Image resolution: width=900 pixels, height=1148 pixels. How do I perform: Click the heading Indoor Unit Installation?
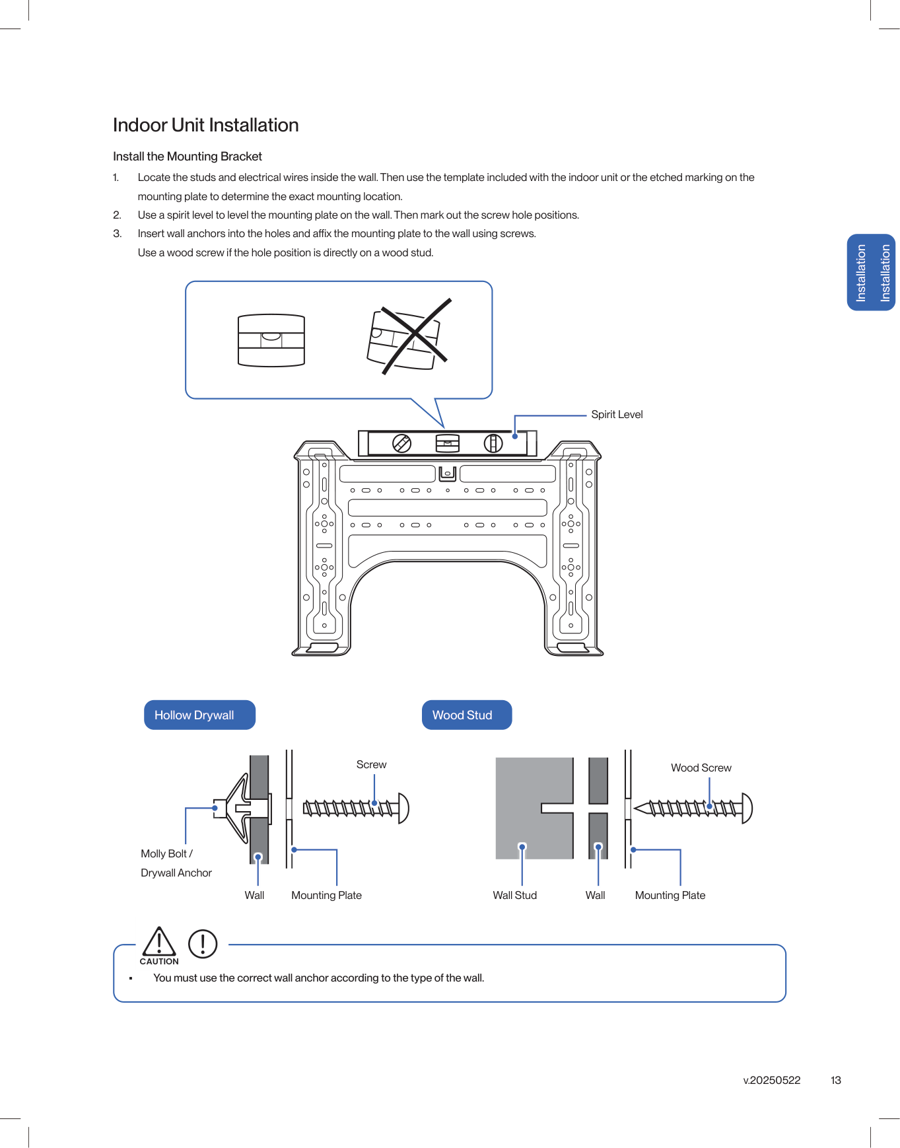point(205,125)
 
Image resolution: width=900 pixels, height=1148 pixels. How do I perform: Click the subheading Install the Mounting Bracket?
point(187,157)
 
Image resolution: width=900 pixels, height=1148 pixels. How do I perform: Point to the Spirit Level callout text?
point(616,414)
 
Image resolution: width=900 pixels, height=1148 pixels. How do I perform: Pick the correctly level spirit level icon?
point(271,340)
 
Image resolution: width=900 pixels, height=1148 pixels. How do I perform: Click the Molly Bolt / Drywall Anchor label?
point(176,863)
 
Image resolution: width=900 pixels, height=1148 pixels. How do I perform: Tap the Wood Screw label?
point(701,768)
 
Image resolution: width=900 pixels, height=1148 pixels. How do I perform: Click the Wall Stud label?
point(514,895)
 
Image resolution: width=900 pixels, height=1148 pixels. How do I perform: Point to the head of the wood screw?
point(747,808)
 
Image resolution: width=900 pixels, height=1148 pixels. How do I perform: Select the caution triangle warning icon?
point(159,943)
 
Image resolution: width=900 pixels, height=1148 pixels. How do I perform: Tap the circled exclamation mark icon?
point(203,944)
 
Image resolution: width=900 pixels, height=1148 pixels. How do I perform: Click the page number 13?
point(835,1080)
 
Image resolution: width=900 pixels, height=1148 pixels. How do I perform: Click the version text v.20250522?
point(771,1080)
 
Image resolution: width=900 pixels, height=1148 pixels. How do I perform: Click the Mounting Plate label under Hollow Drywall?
point(326,895)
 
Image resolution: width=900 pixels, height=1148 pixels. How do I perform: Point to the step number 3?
point(117,233)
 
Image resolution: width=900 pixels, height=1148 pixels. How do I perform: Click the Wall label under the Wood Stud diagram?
point(595,895)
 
